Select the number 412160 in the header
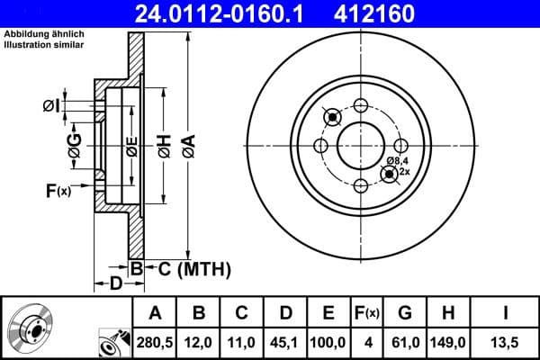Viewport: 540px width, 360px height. coord(402,14)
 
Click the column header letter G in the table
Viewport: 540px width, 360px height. coord(405,313)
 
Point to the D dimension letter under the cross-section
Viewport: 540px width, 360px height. coord(116,285)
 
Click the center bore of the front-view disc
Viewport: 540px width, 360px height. coord(361,145)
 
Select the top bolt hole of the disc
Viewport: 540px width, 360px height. coord(361,104)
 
